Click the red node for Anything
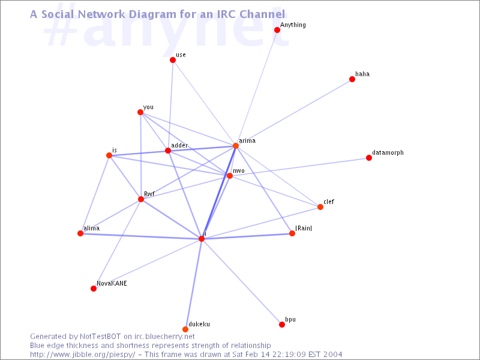(277, 30)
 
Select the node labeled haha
(352, 79)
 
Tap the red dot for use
(173, 60)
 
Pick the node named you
(140, 112)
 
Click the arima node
(236, 146)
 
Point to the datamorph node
(369, 158)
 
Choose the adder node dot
(168, 151)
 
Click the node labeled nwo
(230, 176)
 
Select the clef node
(320, 207)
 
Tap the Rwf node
(141, 199)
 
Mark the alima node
(80, 233)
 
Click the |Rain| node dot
(292, 233)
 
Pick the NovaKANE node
(94, 289)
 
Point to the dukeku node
(185, 329)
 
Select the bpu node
(282, 325)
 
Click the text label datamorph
(388, 153)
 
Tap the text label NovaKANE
(112, 283)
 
